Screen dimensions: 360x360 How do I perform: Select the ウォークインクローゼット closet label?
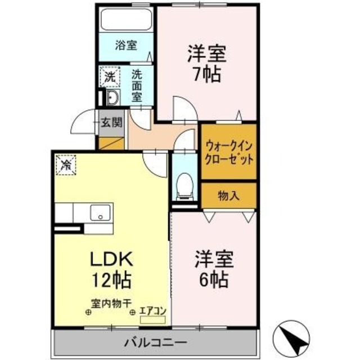229,151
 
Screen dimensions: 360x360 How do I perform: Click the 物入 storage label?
228,196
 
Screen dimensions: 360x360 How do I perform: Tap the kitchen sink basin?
101,214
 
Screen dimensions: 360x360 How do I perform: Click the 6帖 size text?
214,278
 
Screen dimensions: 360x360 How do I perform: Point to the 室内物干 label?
110,301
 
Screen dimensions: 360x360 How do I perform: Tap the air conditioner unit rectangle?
153,319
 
